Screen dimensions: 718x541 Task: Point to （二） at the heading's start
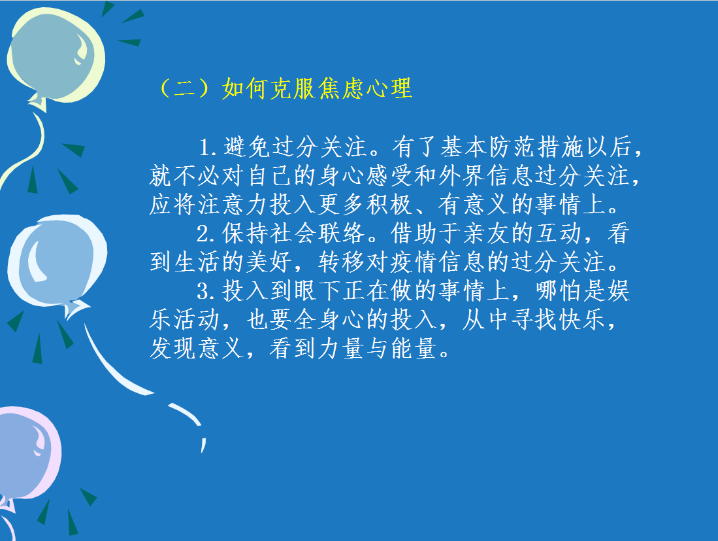click(x=185, y=88)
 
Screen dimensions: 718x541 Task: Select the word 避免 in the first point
click(x=246, y=147)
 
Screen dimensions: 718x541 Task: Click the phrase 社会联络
click(x=318, y=234)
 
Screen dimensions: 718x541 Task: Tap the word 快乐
click(x=583, y=319)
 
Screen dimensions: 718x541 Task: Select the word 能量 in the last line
click(x=414, y=349)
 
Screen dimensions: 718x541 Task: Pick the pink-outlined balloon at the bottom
click(x=27, y=454)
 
